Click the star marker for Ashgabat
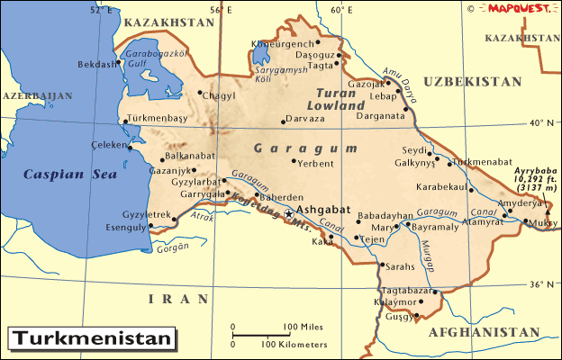(x=288, y=214)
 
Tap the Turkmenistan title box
(x=90, y=339)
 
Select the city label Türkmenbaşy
(x=157, y=118)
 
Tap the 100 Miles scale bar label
(x=304, y=326)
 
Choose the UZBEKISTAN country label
(x=472, y=81)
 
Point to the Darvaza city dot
(x=284, y=121)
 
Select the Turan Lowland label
(x=341, y=98)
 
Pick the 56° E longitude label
(x=221, y=9)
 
